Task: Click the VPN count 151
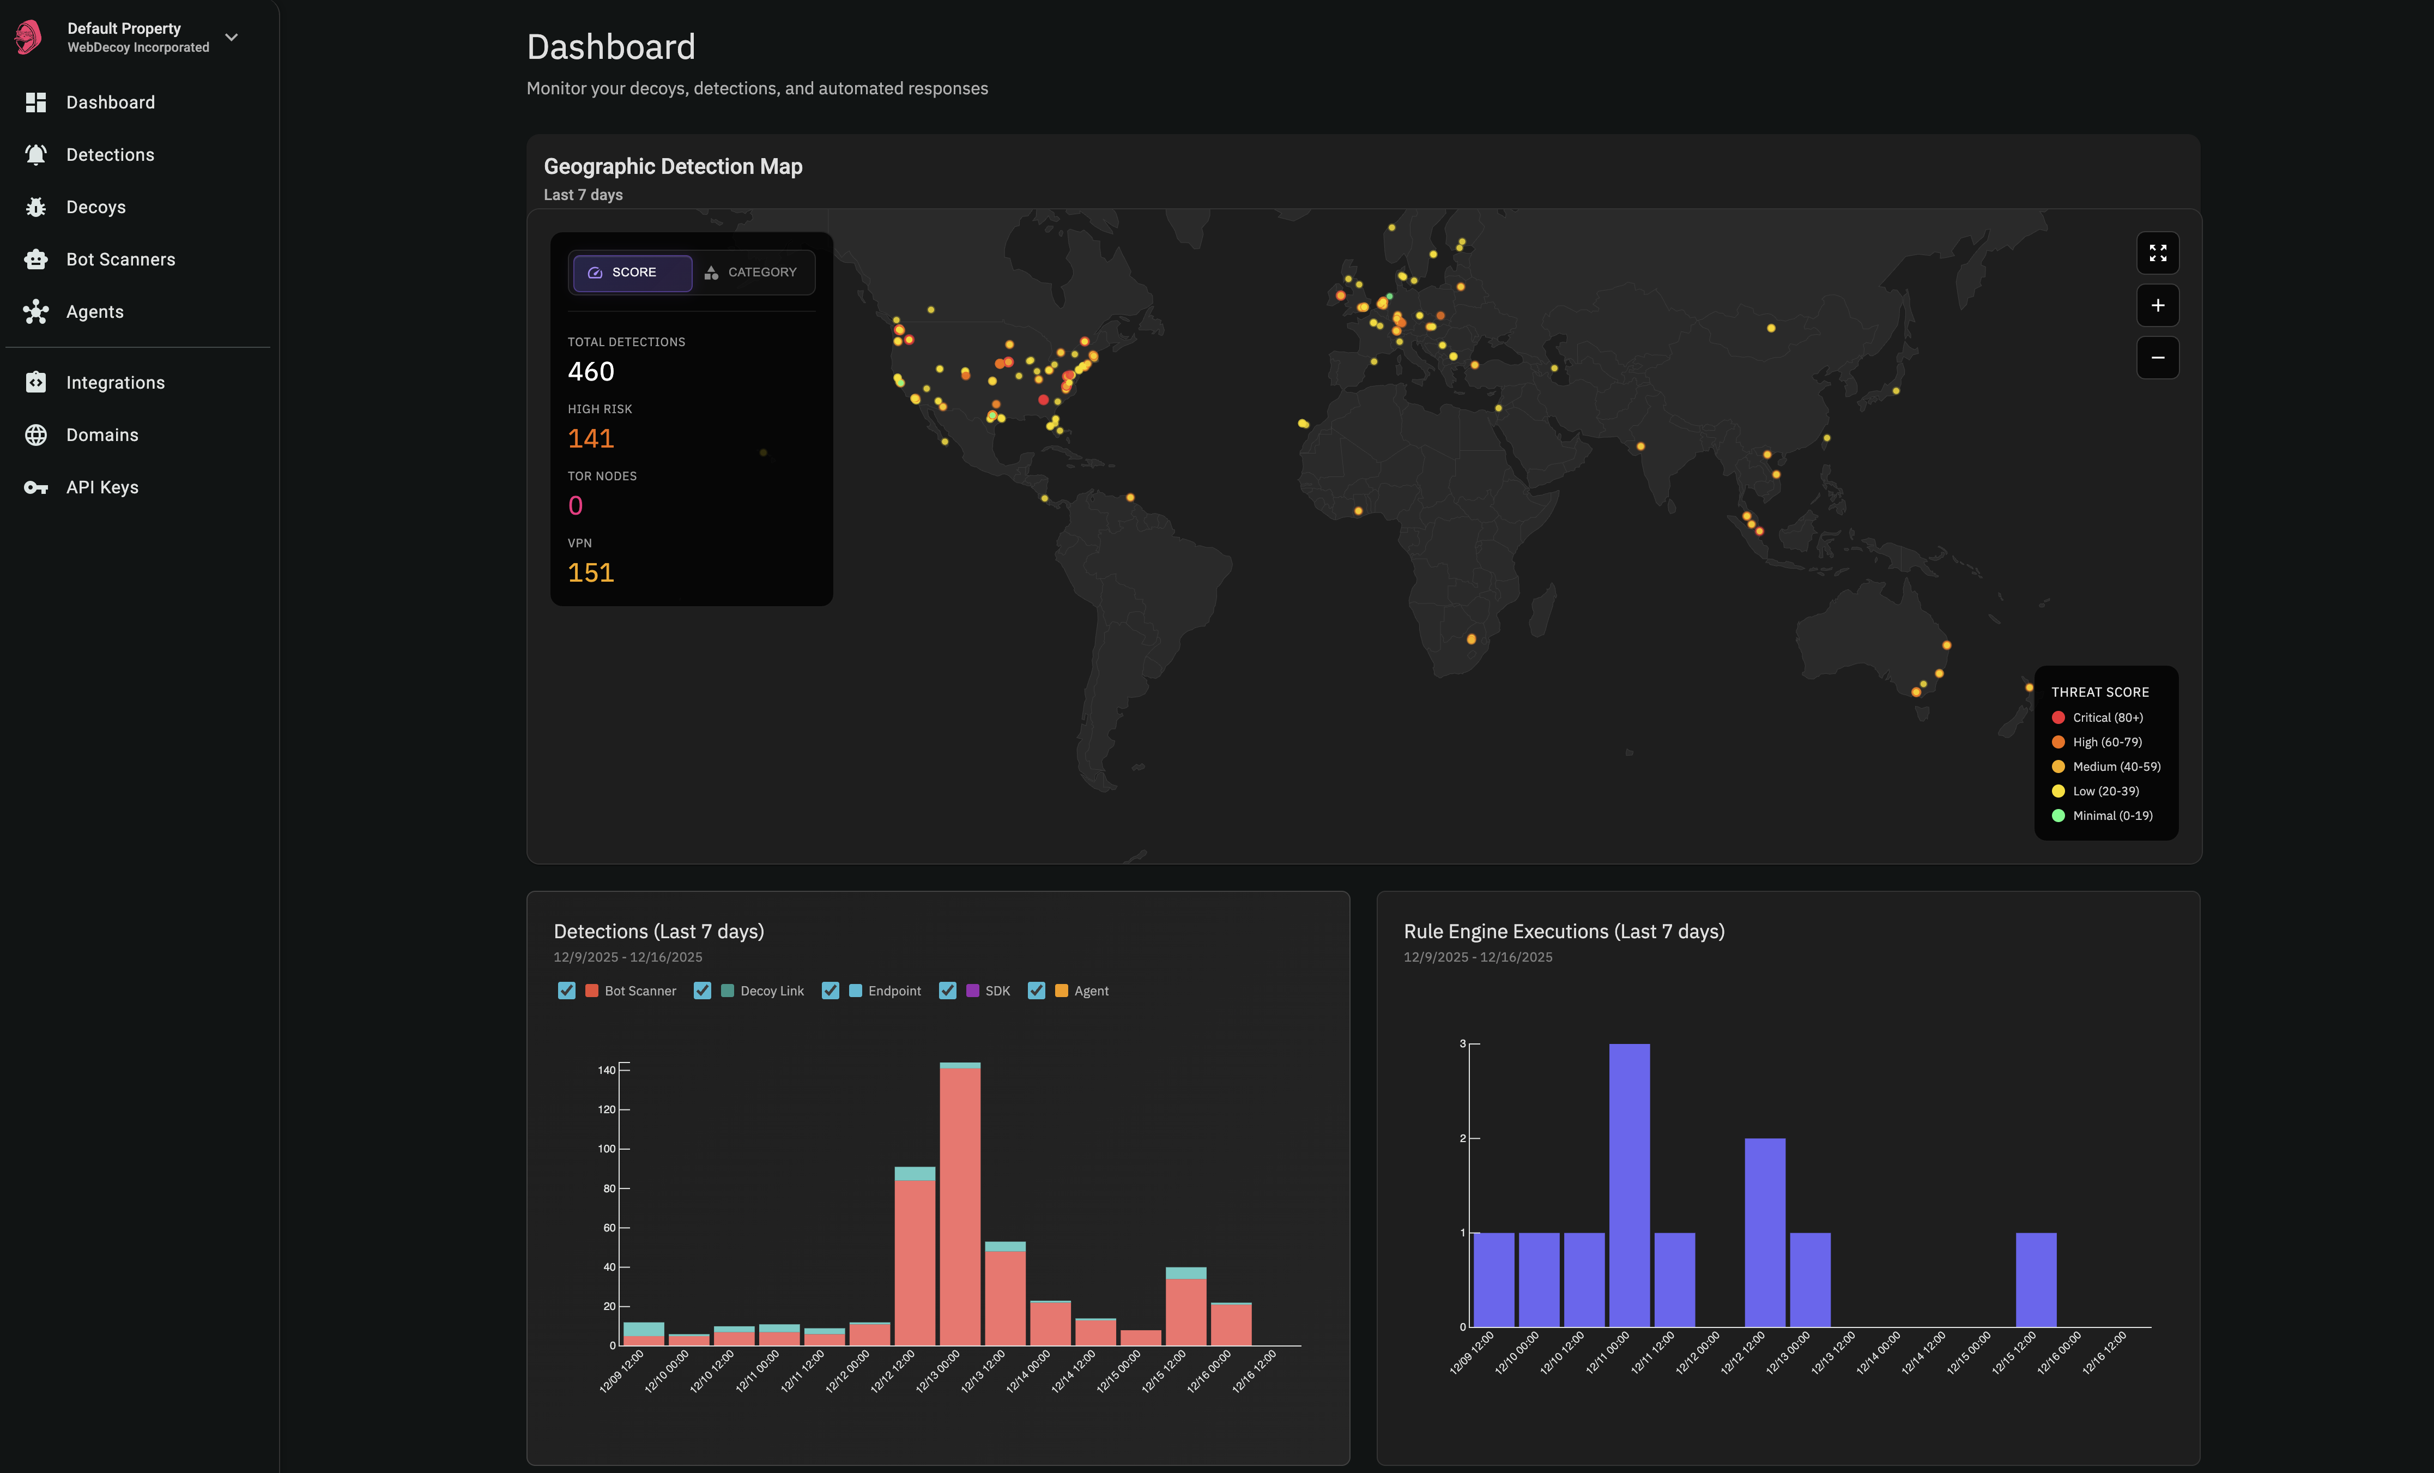click(x=591, y=573)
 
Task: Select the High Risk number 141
click(x=591, y=439)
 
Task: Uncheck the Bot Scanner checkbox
click(x=567, y=991)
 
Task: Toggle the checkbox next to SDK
click(x=947, y=991)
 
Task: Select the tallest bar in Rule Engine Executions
click(x=1629, y=1186)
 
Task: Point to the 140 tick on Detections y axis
click(x=607, y=1070)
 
